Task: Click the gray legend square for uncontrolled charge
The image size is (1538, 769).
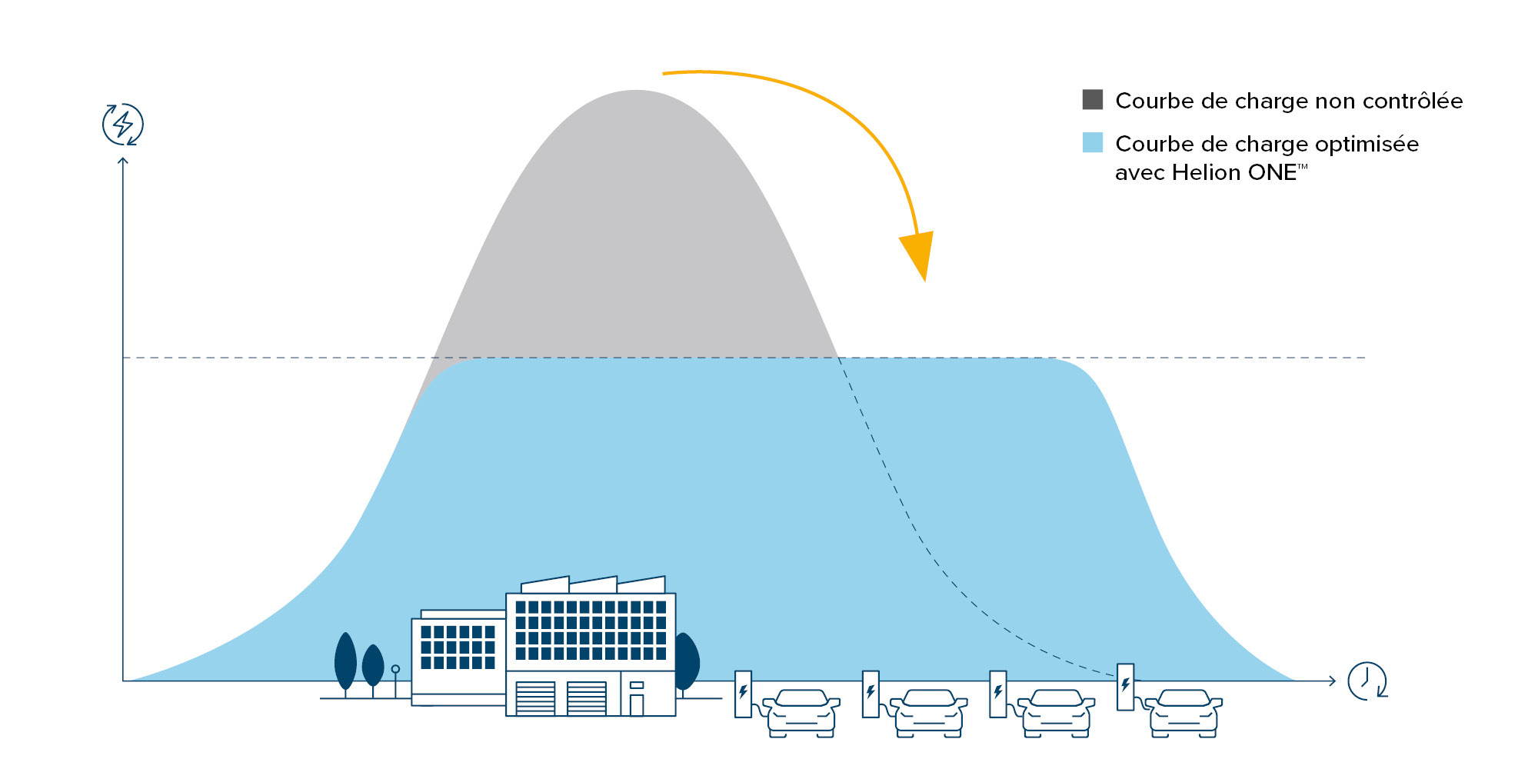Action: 1092,99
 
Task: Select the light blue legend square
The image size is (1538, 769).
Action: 1092,142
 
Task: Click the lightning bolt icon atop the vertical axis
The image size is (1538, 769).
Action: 123,124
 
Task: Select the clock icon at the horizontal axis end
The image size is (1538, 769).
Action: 1367,681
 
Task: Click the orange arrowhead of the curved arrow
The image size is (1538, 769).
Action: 919,254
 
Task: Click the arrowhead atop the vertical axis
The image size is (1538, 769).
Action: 123,160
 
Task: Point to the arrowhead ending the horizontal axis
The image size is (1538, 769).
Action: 1332,681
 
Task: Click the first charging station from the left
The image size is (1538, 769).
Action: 743,694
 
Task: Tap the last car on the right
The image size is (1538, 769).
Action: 1184,711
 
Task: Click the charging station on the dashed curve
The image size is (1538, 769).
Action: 1125,687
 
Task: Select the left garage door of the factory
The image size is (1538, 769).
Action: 535,698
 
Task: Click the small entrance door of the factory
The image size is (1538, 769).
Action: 637,704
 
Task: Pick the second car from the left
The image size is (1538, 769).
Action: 929,711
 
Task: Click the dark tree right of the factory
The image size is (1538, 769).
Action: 686,661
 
